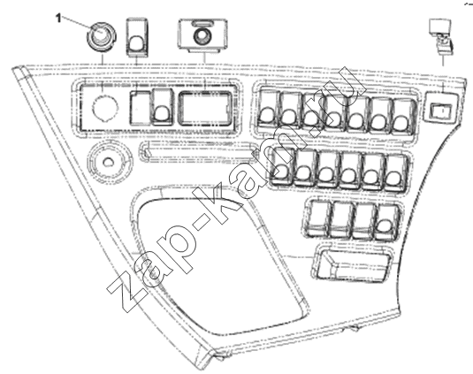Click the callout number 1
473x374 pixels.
58,19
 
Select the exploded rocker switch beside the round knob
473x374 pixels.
137,37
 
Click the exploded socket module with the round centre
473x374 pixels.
202,35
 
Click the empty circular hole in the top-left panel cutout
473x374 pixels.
105,106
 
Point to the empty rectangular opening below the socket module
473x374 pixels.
206,108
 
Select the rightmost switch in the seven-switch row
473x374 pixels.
403,116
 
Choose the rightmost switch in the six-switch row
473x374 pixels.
396,172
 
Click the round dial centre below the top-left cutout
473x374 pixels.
107,163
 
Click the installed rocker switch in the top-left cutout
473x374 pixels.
163,108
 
